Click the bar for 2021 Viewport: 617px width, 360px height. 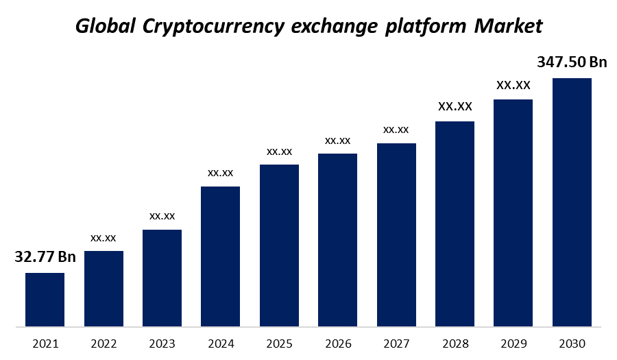(45, 299)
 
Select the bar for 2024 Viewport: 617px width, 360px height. (220, 256)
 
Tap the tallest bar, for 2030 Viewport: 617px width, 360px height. (572, 202)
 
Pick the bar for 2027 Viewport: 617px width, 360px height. (396, 234)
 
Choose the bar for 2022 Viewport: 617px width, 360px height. (104, 288)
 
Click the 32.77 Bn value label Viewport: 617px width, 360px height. (45, 257)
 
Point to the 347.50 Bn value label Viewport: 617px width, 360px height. (572, 62)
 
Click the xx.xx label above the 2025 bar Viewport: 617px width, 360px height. (279, 151)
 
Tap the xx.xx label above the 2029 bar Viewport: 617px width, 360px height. (513, 85)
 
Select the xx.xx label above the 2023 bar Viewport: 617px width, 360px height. (162, 216)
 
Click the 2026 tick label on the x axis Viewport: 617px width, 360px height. (337, 344)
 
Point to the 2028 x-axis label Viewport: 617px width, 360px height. (455, 344)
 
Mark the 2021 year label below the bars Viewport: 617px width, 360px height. (45, 344)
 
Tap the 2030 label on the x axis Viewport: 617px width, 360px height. (572, 344)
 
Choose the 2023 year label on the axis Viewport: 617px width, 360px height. (162, 344)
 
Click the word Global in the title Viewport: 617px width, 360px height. (105, 27)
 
